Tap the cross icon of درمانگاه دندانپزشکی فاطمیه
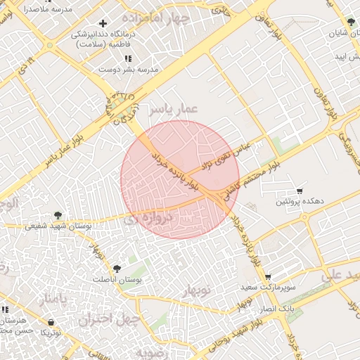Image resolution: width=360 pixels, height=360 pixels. point(103,24)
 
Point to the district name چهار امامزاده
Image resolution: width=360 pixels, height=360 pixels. point(155,16)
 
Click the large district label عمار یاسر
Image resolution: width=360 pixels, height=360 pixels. point(172,108)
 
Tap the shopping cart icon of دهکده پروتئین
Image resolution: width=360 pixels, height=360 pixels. point(300,191)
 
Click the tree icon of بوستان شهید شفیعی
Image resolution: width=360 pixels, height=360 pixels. point(58,215)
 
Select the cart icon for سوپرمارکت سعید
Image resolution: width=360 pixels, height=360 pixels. point(267,276)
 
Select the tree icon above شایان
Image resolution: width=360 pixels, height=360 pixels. point(351,22)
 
